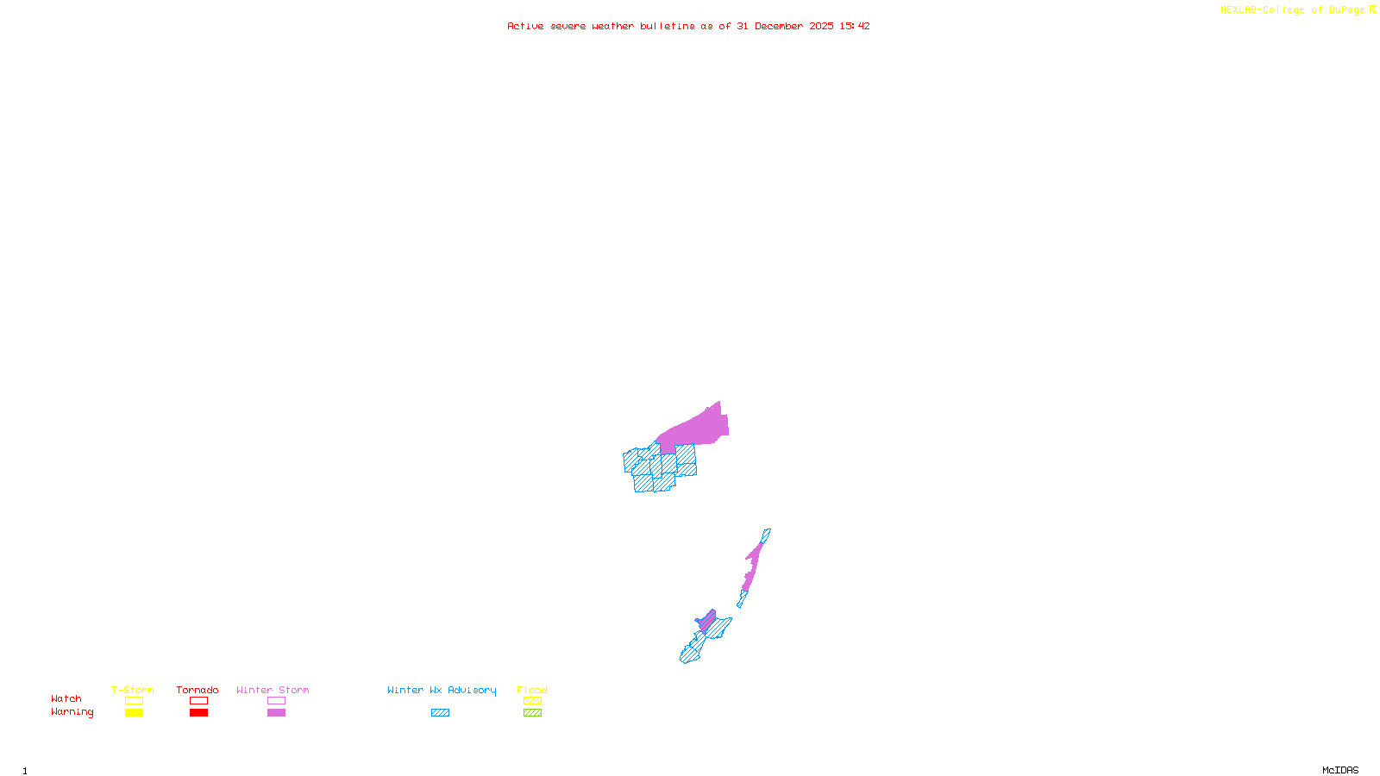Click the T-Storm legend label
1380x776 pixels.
pyautogui.click(x=133, y=690)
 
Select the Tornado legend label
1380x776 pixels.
pyautogui.click(x=198, y=690)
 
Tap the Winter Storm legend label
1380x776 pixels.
pyautogui.click(x=273, y=690)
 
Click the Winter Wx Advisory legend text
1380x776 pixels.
pyautogui.click(x=442, y=690)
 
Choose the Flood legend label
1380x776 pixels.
pyautogui.click(x=532, y=690)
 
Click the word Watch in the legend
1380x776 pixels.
pyautogui.click(x=66, y=699)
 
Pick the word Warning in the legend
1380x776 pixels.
pyautogui.click(x=72, y=712)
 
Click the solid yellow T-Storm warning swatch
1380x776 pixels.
pyautogui.click(x=134, y=713)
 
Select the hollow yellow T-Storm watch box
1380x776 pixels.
pyautogui.click(x=134, y=701)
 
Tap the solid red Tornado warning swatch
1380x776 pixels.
pyautogui.click(x=199, y=713)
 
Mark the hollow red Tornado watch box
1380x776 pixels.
pyautogui.click(x=199, y=701)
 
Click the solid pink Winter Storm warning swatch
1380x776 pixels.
pyautogui.click(x=276, y=713)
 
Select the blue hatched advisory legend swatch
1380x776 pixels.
pyautogui.click(x=440, y=713)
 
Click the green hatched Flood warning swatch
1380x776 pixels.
pyautogui.click(x=533, y=713)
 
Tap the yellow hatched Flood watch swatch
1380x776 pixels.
pyautogui.click(x=533, y=701)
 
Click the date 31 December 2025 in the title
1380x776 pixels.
pyautogui.click(x=785, y=26)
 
